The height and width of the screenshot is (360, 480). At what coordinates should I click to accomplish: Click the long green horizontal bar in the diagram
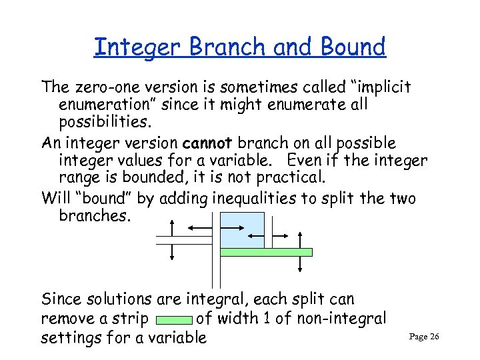tap(267, 253)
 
